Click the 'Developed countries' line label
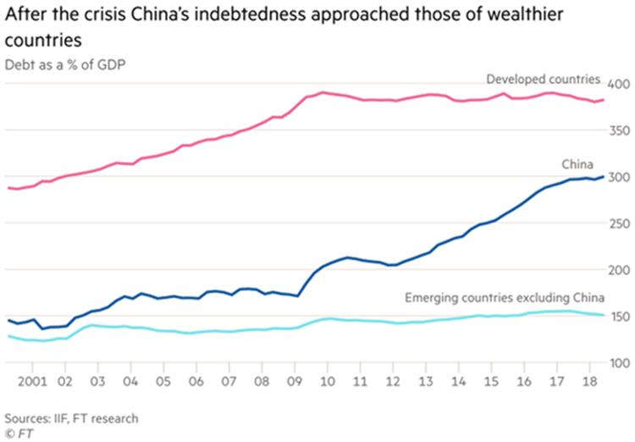click(543, 80)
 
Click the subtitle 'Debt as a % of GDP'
click(62, 64)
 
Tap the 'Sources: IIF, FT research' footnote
click(71, 417)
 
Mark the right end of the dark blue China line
click(603, 176)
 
